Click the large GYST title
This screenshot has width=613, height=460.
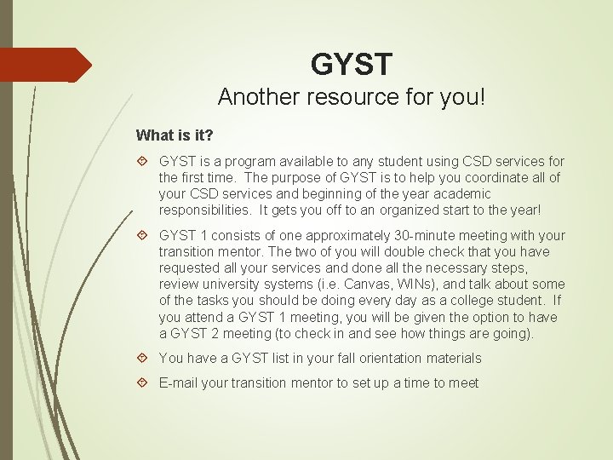click(352, 64)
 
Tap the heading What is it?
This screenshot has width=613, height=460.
click(175, 135)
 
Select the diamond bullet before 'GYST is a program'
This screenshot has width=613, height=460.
click(143, 161)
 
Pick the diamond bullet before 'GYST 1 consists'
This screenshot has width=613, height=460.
click(143, 235)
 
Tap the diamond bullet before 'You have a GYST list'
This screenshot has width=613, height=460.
click(143, 359)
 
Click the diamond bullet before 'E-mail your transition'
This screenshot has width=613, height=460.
click(143, 383)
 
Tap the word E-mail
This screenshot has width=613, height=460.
click(179, 383)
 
